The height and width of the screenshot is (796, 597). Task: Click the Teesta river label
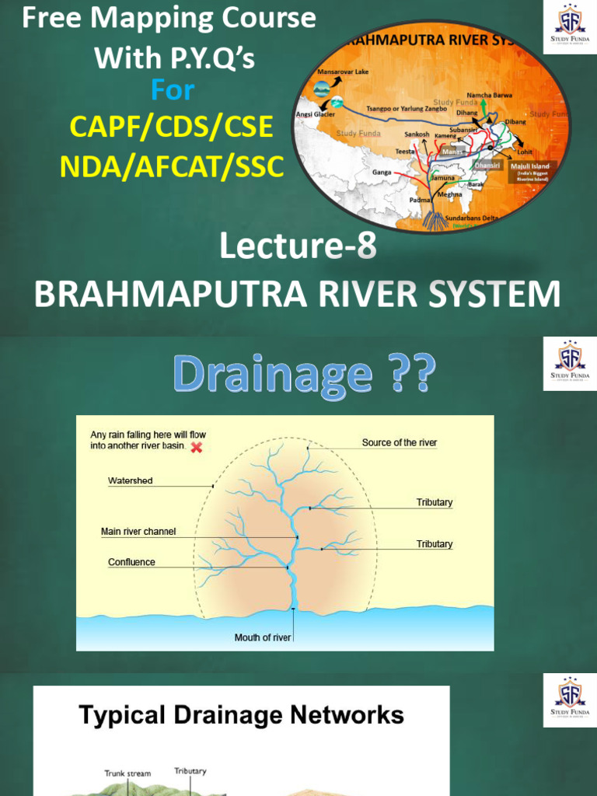[x=405, y=151]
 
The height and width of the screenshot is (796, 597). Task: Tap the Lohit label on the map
[x=525, y=152]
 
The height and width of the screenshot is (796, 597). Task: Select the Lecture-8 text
[x=298, y=247]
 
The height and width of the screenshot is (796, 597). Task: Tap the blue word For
[x=173, y=90]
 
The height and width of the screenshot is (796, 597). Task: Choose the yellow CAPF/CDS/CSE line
[x=172, y=127]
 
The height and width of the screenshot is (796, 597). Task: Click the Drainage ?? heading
[x=303, y=375]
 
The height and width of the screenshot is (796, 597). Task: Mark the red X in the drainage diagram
[x=197, y=447]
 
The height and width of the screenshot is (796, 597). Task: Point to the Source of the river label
[x=400, y=442]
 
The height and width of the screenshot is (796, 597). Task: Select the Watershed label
[x=130, y=480]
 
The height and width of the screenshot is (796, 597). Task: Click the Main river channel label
[x=138, y=532]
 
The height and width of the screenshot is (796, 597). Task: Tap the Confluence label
[x=131, y=562]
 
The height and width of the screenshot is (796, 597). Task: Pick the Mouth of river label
[x=263, y=637]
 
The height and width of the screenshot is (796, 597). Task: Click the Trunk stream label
[x=127, y=773]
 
